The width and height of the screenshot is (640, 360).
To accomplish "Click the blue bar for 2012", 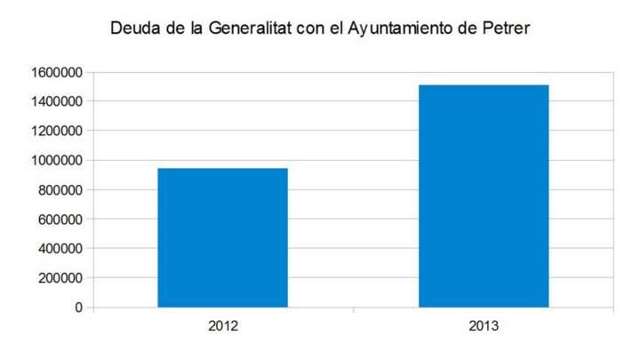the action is tap(223, 237).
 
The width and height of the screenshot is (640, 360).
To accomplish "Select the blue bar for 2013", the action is tap(484, 196).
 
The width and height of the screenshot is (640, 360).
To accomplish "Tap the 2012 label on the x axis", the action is tap(223, 326).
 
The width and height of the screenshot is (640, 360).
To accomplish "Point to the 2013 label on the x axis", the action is tap(484, 326).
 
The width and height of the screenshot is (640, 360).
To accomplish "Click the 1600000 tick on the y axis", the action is tap(57, 73).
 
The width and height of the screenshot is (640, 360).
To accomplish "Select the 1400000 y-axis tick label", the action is tap(57, 101).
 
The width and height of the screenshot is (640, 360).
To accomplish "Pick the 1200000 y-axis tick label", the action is tap(57, 131).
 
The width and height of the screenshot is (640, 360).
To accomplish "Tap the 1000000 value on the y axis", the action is tap(57, 160).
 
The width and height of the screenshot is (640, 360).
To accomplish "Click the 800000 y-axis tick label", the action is tap(60, 190).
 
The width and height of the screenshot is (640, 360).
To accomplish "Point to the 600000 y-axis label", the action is tap(60, 220).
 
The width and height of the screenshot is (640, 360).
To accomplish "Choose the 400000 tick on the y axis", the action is tap(60, 248).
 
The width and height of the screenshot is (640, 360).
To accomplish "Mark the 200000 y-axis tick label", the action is tap(60, 278).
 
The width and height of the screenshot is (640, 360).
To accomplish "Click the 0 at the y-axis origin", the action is tap(79, 308).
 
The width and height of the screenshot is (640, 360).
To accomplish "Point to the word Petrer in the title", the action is tap(506, 28).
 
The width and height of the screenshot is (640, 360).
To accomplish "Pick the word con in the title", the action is tap(310, 29).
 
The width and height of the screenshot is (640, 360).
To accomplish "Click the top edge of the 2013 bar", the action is tap(484, 85).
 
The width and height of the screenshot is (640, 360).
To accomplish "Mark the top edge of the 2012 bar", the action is tap(223, 169).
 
